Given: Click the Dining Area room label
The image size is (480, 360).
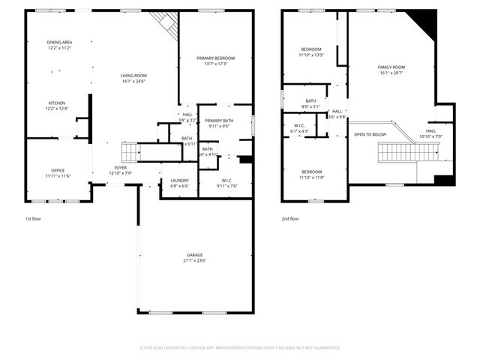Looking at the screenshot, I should tap(58, 43).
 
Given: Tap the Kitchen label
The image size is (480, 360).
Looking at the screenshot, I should tap(58, 103).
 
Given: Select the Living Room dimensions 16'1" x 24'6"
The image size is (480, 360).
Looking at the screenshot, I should tap(133, 81).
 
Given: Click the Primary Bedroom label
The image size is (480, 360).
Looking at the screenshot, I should tap(215, 58).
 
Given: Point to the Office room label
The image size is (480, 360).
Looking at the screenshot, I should tap(58, 170).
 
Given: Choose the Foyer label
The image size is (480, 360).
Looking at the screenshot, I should tap(120, 168).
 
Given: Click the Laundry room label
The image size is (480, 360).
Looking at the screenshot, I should tap(179, 180).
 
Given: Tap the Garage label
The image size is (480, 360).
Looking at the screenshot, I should tap(194, 255).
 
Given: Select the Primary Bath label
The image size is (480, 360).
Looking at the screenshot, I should tap(219, 121).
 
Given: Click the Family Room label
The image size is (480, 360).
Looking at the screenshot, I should tap(391, 67).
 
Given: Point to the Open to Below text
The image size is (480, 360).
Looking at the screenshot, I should tap(370, 135).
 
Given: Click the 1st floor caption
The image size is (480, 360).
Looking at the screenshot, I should tap(34, 219).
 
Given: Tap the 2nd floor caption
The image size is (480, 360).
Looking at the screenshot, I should tap(289, 219).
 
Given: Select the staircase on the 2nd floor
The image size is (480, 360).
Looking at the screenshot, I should tap(405, 153).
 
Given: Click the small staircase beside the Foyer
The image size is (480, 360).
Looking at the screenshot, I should tap(129, 151).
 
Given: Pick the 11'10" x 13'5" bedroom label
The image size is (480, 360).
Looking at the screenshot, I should tap(310, 49).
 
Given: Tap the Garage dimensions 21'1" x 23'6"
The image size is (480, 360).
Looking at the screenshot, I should tap(194, 261).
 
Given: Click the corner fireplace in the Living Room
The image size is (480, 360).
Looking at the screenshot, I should tap(166, 25).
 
